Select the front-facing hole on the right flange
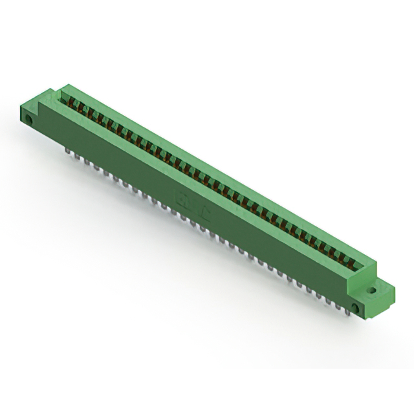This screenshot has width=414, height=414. (354, 306)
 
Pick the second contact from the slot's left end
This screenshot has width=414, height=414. (74, 105)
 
